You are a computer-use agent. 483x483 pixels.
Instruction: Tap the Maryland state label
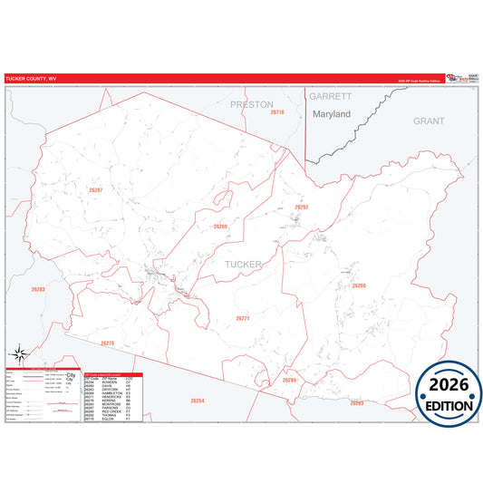[331, 115]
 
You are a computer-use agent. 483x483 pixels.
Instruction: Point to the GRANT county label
[429, 120]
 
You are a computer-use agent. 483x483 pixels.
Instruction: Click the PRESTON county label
[251, 104]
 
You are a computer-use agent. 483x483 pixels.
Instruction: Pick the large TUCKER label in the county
[242, 264]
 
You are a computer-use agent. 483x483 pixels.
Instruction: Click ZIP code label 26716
[276, 111]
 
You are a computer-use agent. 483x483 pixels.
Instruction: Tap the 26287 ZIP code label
[95, 189]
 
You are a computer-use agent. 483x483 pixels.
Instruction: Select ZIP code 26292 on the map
[302, 207]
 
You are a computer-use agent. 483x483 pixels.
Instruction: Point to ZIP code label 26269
[220, 227]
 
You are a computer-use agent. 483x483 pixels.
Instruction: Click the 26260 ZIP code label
[359, 285]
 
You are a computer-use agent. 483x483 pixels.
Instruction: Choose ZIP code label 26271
[242, 318]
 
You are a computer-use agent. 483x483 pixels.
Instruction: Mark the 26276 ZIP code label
[108, 343]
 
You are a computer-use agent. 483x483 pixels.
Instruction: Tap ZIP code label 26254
[198, 400]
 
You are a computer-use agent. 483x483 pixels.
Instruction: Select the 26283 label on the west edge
[38, 289]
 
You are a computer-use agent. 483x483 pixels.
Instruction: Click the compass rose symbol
[20, 354]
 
